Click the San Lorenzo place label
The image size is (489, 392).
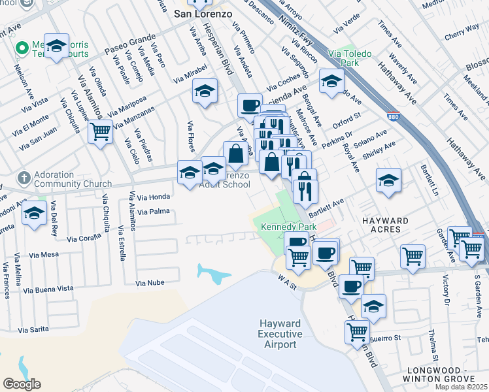click(202, 12)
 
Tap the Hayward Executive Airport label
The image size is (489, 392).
click(280, 334)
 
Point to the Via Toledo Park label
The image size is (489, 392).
click(354, 58)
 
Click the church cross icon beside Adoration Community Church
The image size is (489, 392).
click(24, 178)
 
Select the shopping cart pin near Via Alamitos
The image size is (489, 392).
click(101, 132)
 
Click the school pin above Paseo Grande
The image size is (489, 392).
click(57, 46)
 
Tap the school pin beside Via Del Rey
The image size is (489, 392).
click(33, 214)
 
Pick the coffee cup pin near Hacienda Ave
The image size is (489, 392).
click(249, 105)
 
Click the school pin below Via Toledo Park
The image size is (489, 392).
click(332, 80)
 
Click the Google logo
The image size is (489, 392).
click(22, 384)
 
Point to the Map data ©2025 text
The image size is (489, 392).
click(461, 387)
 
